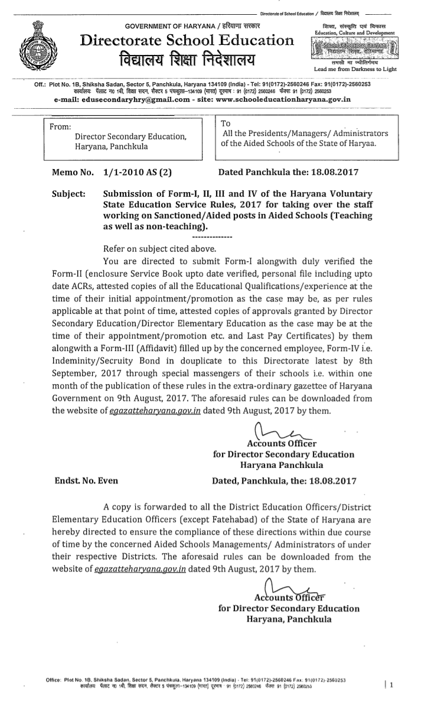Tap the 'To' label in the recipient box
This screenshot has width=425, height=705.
tap(225, 123)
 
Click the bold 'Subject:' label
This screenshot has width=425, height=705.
tap(70, 194)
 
